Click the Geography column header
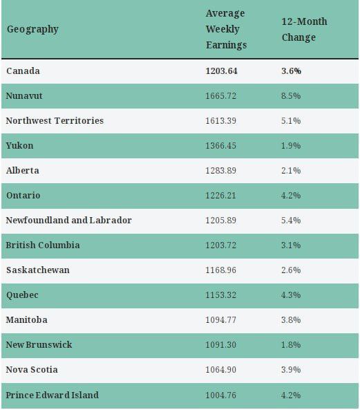(32, 29)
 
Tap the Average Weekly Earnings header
(226, 29)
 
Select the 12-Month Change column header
(304, 29)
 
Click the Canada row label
(23, 71)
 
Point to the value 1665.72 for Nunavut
(220, 95)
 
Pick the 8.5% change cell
(291, 95)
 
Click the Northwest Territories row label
(55, 120)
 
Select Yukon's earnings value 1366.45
(220, 145)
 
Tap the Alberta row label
(23, 171)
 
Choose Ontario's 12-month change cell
(291, 196)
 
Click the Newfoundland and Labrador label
(68, 220)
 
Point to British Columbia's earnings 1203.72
(220, 245)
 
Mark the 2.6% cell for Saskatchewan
(291, 270)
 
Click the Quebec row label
(22, 295)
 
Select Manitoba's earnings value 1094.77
(220, 320)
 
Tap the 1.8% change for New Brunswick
(291, 344)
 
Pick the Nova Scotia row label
(32, 369)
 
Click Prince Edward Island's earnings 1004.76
(220, 395)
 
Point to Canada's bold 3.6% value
(291, 71)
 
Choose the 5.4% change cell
(291, 220)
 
